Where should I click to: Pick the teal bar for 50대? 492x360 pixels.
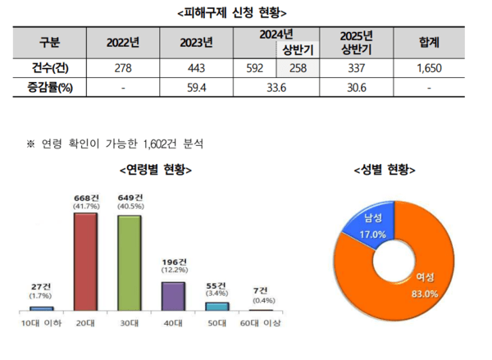coord(216,306)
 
